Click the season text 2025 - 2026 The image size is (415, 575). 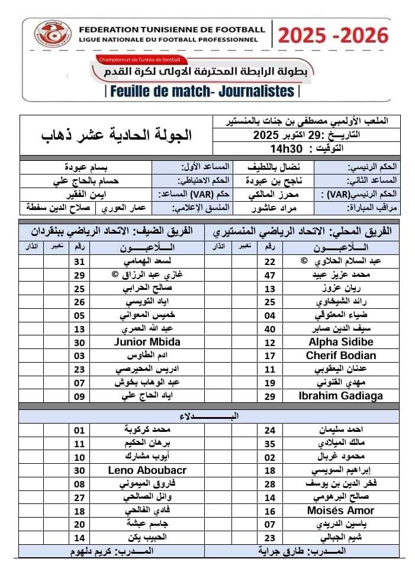[333, 36]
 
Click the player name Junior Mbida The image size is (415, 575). [144, 342]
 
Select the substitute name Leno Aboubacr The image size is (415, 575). [147, 470]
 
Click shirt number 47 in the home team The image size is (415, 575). [270, 275]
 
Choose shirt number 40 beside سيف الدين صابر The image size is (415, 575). [270, 329]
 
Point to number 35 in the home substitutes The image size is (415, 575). [270, 443]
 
